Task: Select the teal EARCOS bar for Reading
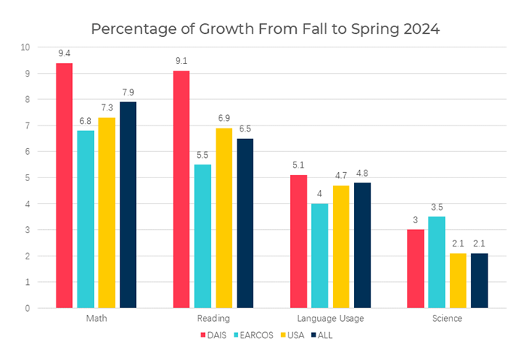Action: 202,236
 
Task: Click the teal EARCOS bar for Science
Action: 437,262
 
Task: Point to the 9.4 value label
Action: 64,53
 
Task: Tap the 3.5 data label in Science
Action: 437,207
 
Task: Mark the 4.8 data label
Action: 363,173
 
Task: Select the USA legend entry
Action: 295,335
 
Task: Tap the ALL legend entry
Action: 326,335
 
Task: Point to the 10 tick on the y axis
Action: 26,47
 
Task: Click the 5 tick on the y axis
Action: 28,178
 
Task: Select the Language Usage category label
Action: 331,319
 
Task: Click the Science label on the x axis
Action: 448,319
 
